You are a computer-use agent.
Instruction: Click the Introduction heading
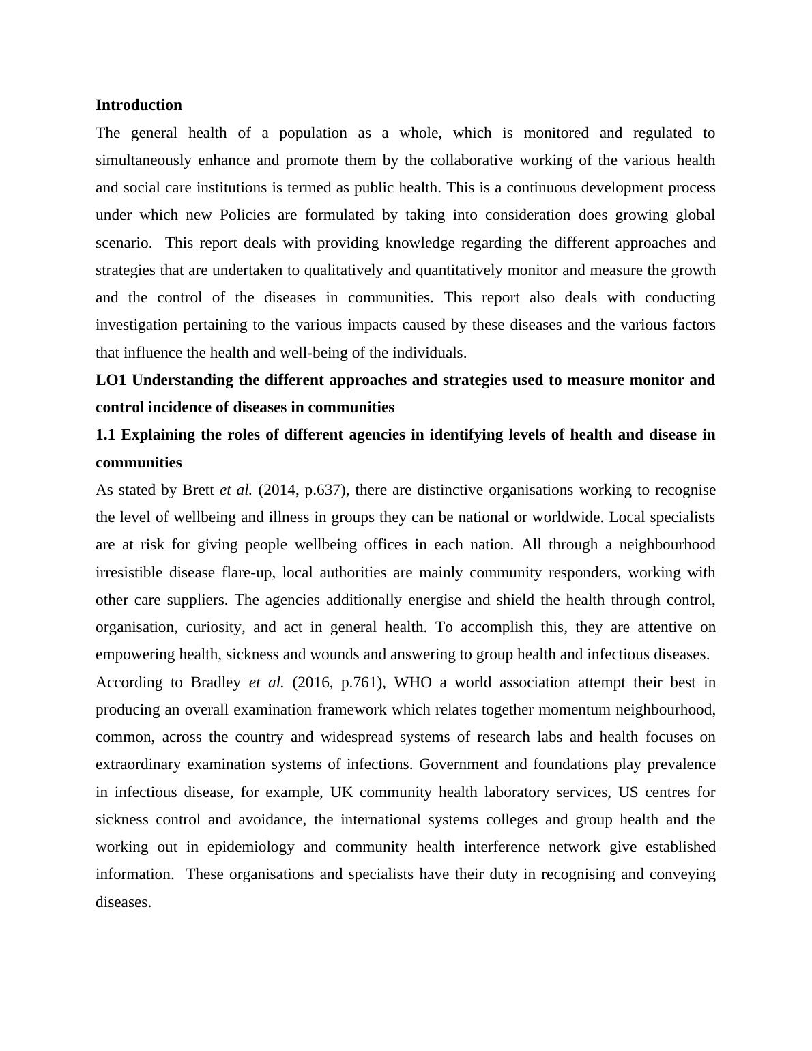coord(139,105)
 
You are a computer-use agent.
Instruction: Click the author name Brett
coord(199,490)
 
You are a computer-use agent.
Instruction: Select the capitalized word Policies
coord(246,215)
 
